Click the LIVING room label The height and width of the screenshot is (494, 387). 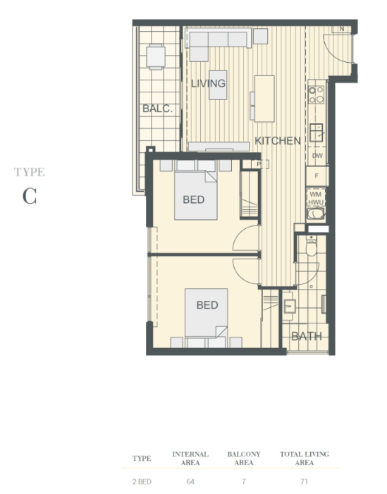click(x=209, y=83)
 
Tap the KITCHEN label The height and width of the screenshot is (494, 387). click(x=278, y=141)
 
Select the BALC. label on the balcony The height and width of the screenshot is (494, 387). click(x=158, y=109)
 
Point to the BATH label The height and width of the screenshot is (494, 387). click(x=307, y=336)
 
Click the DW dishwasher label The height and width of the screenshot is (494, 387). click(x=317, y=156)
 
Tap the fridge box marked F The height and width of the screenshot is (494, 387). click(x=317, y=175)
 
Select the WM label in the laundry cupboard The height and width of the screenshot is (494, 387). click(x=316, y=194)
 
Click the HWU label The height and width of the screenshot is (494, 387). click(x=316, y=202)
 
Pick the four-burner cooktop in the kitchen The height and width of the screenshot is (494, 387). click(x=316, y=95)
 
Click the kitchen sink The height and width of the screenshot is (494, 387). click(x=316, y=132)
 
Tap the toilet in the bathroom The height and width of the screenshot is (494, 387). click(x=312, y=246)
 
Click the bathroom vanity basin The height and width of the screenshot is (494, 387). click(x=289, y=306)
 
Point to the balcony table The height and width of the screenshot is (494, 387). click(x=156, y=56)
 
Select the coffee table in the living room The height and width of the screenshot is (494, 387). click(x=218, y=85)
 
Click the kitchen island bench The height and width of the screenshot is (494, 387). click(x=264, y=99)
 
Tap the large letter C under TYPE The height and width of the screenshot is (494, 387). click(x=30, y=196)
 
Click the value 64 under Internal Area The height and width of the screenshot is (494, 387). click(x=190, y=481)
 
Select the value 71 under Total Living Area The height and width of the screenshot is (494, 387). click(x=304, y=481)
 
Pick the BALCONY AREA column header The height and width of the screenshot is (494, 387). click(x=244, y=458)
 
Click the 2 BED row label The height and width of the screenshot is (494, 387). click(x=142, y=481)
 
